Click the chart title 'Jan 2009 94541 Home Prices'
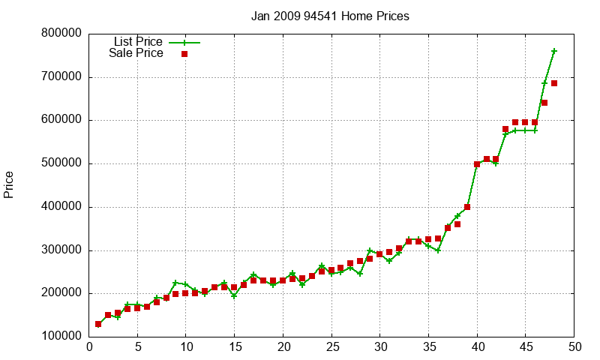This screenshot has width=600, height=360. pos(330,16)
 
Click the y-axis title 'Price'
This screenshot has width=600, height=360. pos(9,184)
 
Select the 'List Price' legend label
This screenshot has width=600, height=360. pos(138,41)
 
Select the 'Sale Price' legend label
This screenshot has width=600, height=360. pos(136,53)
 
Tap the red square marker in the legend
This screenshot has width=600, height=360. pos(184,54)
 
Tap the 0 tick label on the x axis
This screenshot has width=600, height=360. pos(89,346)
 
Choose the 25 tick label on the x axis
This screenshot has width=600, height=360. pos(331,346)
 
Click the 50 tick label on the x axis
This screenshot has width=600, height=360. pos(574,346)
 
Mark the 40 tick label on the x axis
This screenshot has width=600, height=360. pos(477,346)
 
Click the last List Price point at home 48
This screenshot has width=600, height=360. pos(554,51)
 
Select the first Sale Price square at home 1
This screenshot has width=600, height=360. pos(99,324)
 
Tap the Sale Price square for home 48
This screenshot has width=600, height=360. pos(554,83)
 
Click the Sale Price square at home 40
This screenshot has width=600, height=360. pos(477,164)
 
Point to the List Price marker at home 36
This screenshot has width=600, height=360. pos(438,250)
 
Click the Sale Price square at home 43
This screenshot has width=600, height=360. pos(506,129)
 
